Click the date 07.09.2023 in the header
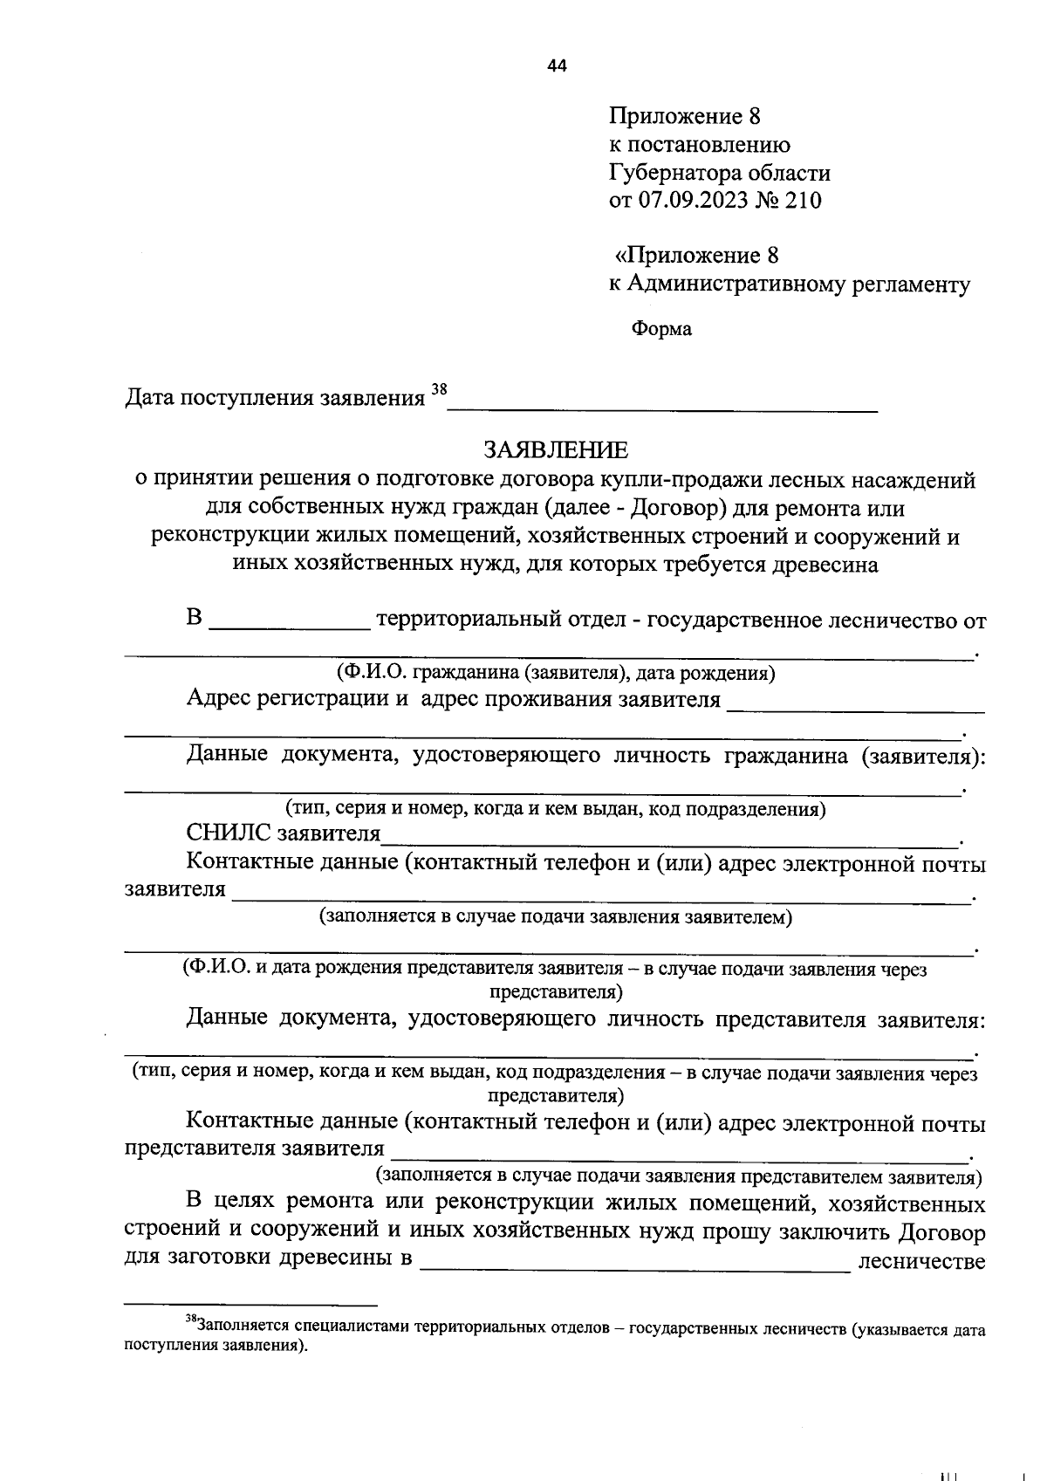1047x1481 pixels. point(694,201)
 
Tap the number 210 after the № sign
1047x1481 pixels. point(803,201)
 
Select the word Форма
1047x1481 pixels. point(661,329)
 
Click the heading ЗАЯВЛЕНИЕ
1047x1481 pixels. point(556,450)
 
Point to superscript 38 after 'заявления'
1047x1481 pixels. point(438,390)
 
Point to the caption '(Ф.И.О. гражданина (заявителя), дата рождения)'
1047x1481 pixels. point(556,672)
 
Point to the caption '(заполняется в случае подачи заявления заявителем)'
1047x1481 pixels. point(556,916)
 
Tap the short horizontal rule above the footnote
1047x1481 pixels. point(250,1305)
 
